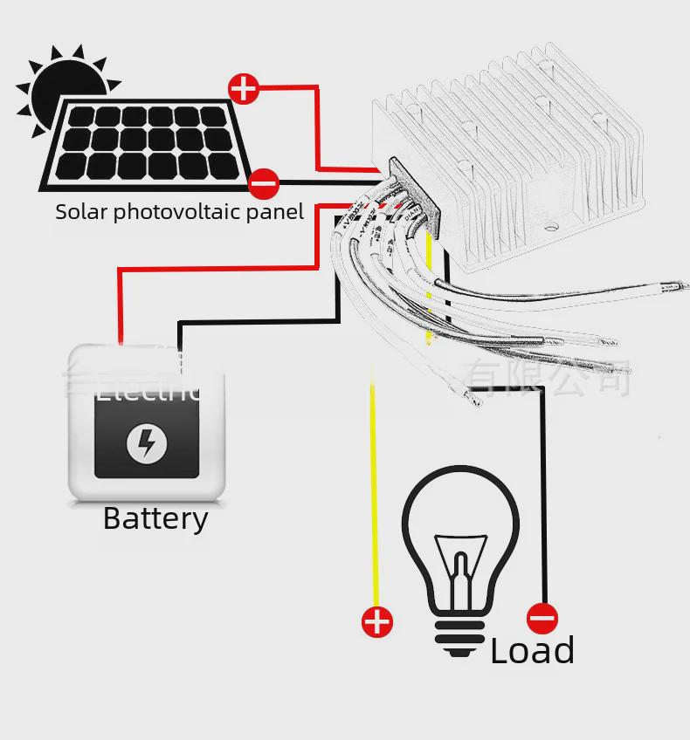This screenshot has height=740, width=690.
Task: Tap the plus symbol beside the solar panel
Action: click(244, 88)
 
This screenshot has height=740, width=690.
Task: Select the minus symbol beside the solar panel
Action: click(263, 184)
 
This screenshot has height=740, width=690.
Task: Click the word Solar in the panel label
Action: click(81, 212)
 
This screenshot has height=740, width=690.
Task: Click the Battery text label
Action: click(155, 518)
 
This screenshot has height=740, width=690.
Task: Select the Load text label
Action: click(532, 651)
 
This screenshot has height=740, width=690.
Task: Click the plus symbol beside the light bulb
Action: click(377, 622)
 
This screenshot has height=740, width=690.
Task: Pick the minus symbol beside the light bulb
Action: click(542, 619)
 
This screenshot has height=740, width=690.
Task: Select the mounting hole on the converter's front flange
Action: click(551, 230)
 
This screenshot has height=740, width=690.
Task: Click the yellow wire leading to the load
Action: click(373, 489)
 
